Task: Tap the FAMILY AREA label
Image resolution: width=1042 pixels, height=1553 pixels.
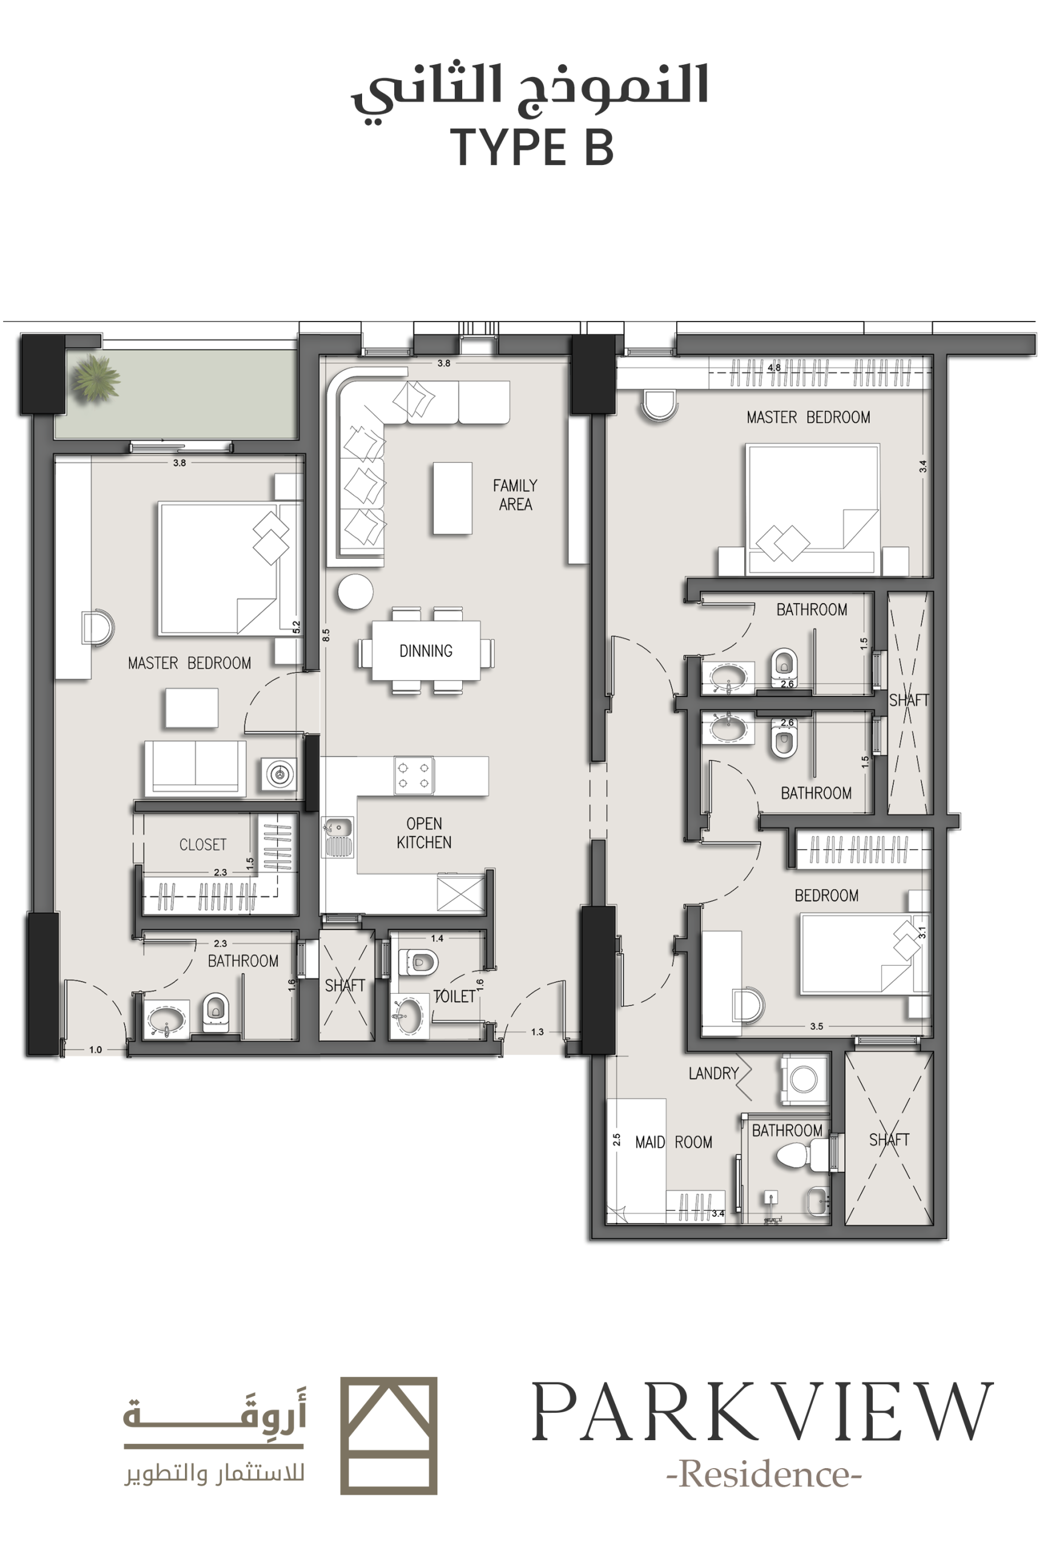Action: tap(515, 495)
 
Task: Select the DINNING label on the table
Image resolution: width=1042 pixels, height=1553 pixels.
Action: tap(426, 650)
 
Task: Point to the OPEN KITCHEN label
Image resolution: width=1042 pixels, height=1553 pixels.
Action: tap(424, 833)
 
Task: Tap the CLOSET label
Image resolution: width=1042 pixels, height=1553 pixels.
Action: tap(203, 844)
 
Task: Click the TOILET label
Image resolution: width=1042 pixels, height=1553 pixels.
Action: tap(454, 996)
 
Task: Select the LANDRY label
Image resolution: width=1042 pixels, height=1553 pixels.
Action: tap(714, 1073)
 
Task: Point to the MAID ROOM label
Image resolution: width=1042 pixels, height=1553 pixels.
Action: tap(674, 1142)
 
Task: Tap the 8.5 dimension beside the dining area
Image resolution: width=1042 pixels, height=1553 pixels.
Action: tap(326, 635)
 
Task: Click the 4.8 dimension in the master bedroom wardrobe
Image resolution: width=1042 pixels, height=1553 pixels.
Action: tap(774, 367)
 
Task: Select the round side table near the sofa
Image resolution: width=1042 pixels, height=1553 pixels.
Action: tap(355, 591)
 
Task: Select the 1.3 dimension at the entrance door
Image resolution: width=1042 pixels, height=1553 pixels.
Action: tap(537, 1032)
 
